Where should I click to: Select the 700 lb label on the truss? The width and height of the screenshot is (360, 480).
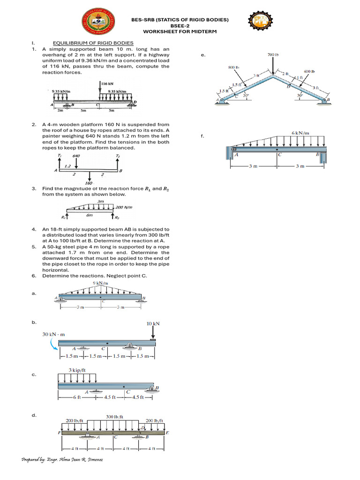pyautogui.click(x=273, y=55)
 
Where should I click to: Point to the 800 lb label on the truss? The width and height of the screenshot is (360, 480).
pyautogui.click(x=233, y=67)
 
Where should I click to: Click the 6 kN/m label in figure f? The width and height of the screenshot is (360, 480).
pyautogui.click(x=300, y=133)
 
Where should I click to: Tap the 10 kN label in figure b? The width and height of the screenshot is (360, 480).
pyautogui.click(x=153, y=323)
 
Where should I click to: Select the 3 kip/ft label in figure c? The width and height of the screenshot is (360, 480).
pyautogui.click(x=77, y=369)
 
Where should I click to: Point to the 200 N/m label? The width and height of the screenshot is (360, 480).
pyautogui.click(x=124, y=207)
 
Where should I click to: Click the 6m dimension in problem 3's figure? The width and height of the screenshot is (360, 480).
pyautogui.click(x=89, y=215)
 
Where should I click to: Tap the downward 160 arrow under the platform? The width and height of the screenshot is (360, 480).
pyautogui.click(x=89, y=177)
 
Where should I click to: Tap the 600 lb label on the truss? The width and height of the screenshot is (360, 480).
pyautogui.click(x=309, y=71)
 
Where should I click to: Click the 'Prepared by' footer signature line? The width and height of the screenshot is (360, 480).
pyautogui.click(x=62, y=460)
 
